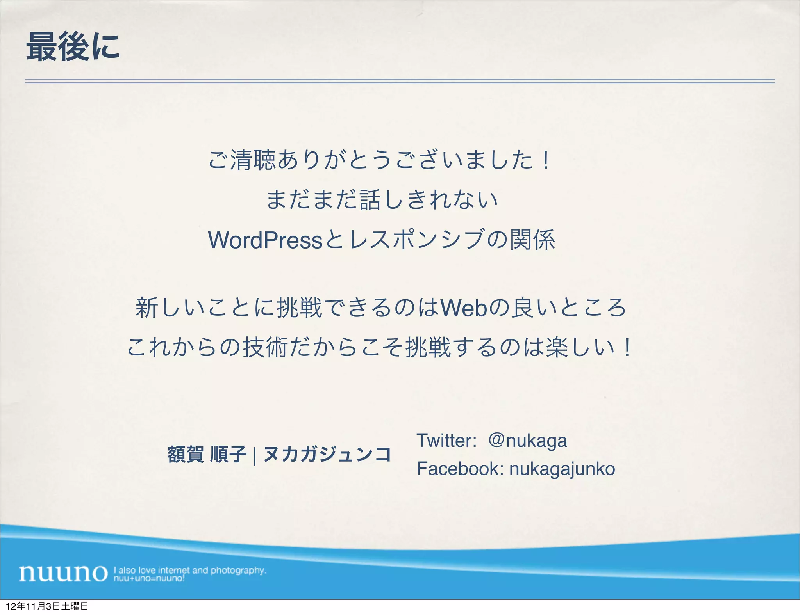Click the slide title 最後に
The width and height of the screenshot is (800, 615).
(x=73, y=47)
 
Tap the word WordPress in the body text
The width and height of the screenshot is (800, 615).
(x=265, y=240)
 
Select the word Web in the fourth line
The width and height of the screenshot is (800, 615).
(x=464, y=308)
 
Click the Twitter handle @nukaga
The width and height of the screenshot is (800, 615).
(x=527, y=441)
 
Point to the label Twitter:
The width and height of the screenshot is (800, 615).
(x=446, y=441)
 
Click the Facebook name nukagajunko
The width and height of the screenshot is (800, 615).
(x=562, y=469)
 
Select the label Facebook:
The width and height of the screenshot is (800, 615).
(x=460, y=469)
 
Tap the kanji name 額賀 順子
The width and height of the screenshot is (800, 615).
(x=207, y=454)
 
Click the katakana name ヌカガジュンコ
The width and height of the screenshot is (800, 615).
(x=327, y=454)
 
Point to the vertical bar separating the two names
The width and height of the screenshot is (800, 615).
(x=255, y=455)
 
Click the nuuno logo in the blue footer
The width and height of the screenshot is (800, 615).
(x=63, y=573)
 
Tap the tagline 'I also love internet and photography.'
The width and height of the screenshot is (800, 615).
(x=190, y=570)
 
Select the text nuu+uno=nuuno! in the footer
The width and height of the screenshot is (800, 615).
(x=149, y=578)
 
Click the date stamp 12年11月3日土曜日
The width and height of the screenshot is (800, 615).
(x=47, y=606)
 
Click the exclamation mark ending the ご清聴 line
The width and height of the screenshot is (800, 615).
(x=546, y=160)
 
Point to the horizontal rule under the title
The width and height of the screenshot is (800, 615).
(x=400, y=81)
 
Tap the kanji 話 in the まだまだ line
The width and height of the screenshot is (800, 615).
(x=370, y=200)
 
